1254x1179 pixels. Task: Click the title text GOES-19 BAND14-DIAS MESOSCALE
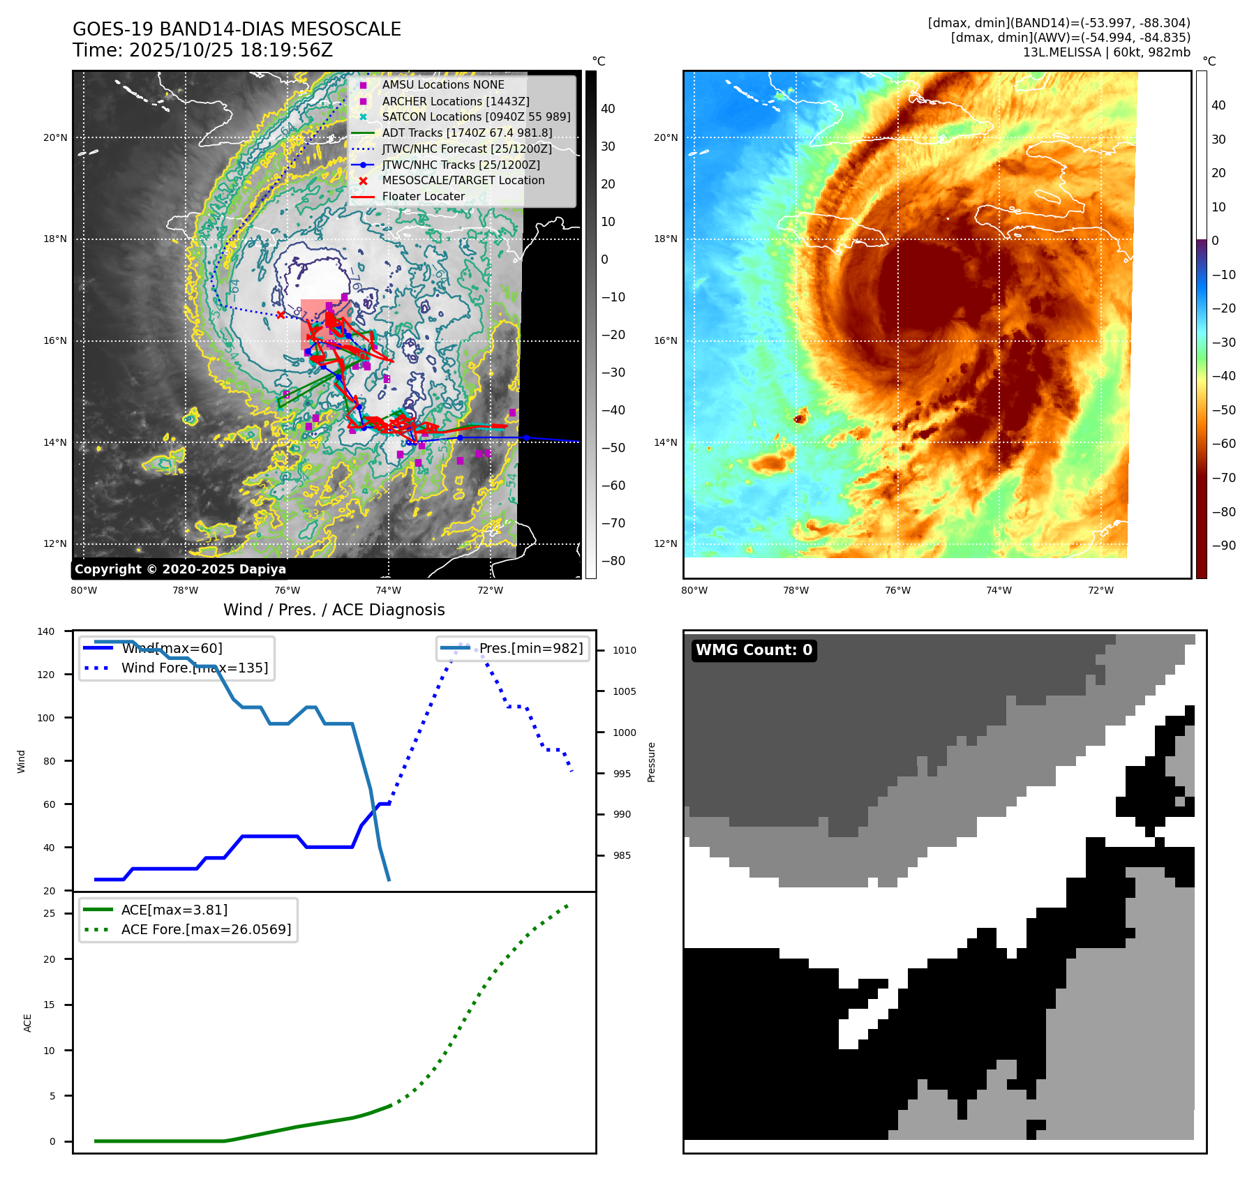pos(237,29)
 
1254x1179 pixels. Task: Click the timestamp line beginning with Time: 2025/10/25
pos(202,50)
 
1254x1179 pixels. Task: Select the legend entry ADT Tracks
pos(467,133)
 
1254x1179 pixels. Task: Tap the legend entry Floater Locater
pos(423,197)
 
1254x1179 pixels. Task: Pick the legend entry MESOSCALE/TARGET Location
pos(463,181)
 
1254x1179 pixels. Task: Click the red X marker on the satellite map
pos(281,315)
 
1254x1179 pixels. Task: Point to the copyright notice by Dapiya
pos(180,569)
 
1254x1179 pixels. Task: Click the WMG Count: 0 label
pos(754,650)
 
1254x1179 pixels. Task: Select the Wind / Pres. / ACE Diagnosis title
pos(334,610)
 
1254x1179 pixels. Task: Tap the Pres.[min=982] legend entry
pos(530,648)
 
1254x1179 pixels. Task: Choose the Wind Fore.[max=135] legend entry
pos(194,668)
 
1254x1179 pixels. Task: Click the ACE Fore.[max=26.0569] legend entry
pos(206,929)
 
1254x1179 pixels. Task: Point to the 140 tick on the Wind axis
pos(46,631)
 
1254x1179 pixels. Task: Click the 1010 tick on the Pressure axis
pos(625,650)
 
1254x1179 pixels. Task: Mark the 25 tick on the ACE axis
pos(49,913)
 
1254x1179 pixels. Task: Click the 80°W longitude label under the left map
pos(84,590)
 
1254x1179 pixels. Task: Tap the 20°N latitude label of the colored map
pos(665,137)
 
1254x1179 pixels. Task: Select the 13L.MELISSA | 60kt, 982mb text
pos(1106,52)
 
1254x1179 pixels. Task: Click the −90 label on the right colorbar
pos(1223,546)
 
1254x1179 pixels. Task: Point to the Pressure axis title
pos(651,762)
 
